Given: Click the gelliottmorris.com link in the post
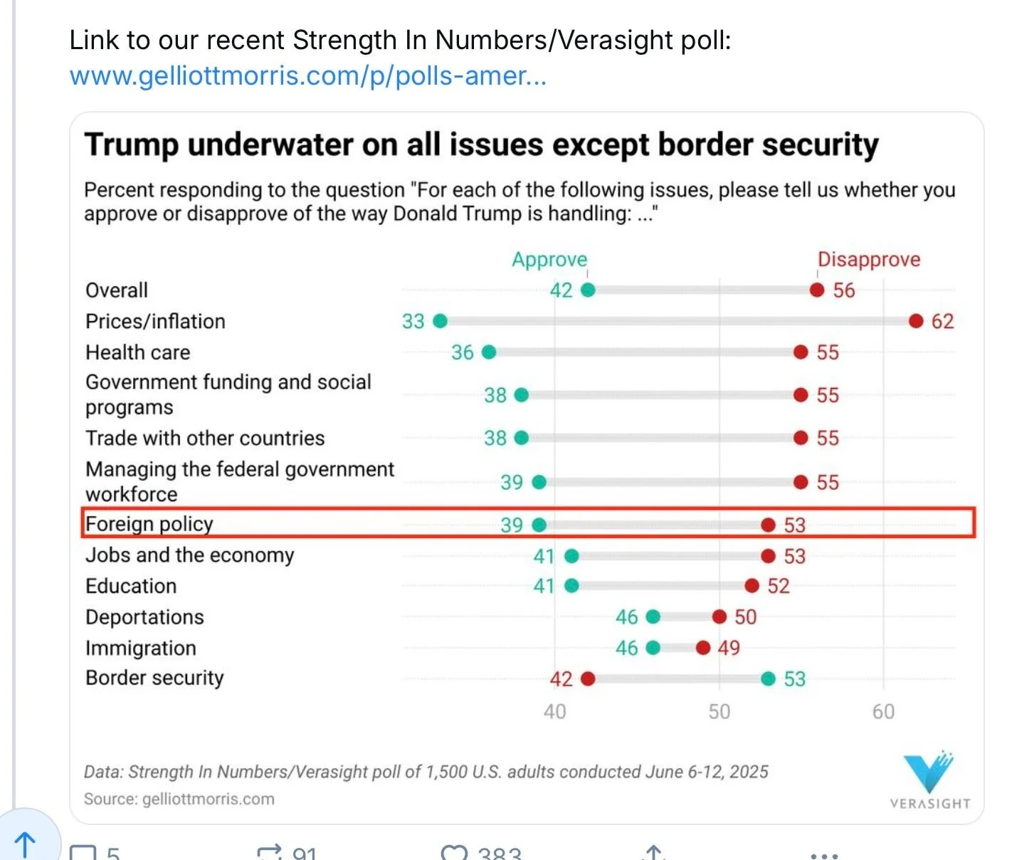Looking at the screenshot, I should point(307,75).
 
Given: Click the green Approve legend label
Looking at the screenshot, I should point(549,259).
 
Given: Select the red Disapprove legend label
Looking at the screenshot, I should point(868,259).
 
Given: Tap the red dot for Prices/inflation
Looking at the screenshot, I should point(916,321).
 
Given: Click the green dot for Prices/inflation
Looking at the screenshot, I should point(441,321).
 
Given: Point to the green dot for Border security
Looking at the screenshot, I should point(768,678).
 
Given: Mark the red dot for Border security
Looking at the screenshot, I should point(588,678).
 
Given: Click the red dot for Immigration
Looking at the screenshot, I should point(703,648).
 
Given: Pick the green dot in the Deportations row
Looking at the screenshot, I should point(653,617).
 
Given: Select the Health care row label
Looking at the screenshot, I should point(138,352).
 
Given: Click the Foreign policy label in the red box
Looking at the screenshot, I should point(149,524).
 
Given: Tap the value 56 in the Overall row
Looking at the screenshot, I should point(844,290).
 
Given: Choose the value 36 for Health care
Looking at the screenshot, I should point(462,352).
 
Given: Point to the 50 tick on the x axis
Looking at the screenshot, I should point(719,711).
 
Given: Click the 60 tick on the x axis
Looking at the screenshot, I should point(883,711).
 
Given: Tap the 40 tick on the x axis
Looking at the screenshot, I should point(554,711).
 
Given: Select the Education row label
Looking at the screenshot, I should point(131,586).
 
